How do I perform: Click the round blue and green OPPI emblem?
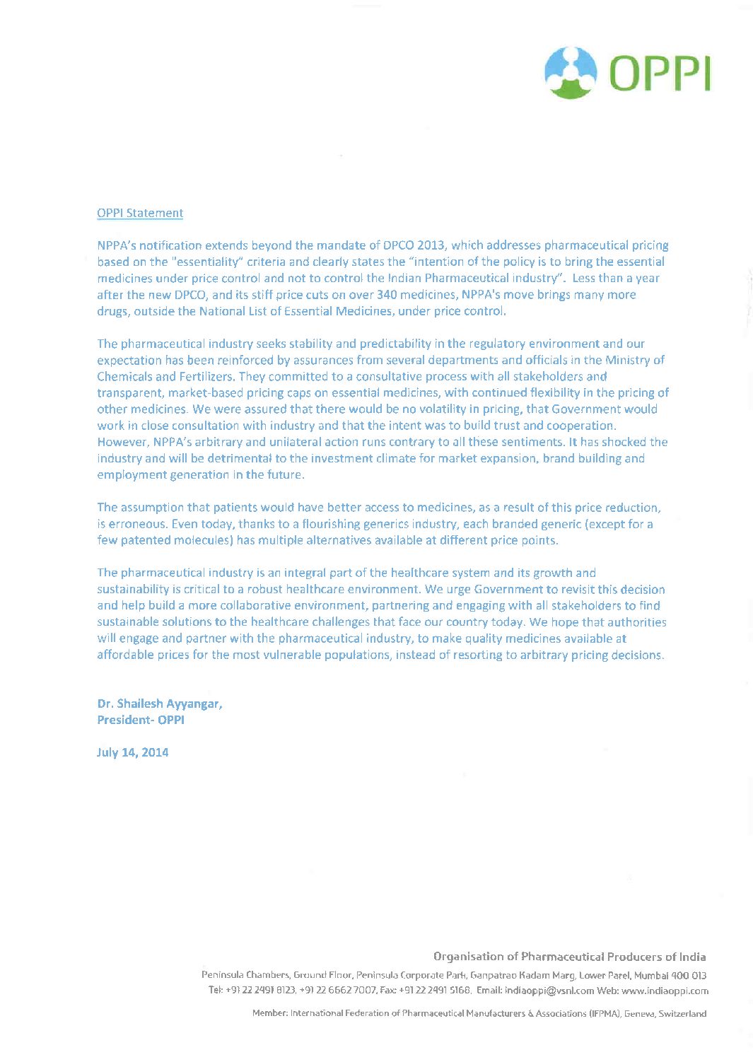click(571, 72)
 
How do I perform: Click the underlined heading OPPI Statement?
click(140, 213)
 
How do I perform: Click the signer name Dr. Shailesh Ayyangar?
click(160, 704)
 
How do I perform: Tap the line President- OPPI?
click(141, 720)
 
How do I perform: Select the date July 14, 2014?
click(133, 752)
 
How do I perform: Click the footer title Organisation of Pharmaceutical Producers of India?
click(569, 957)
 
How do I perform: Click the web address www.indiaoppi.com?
click(665, 991)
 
